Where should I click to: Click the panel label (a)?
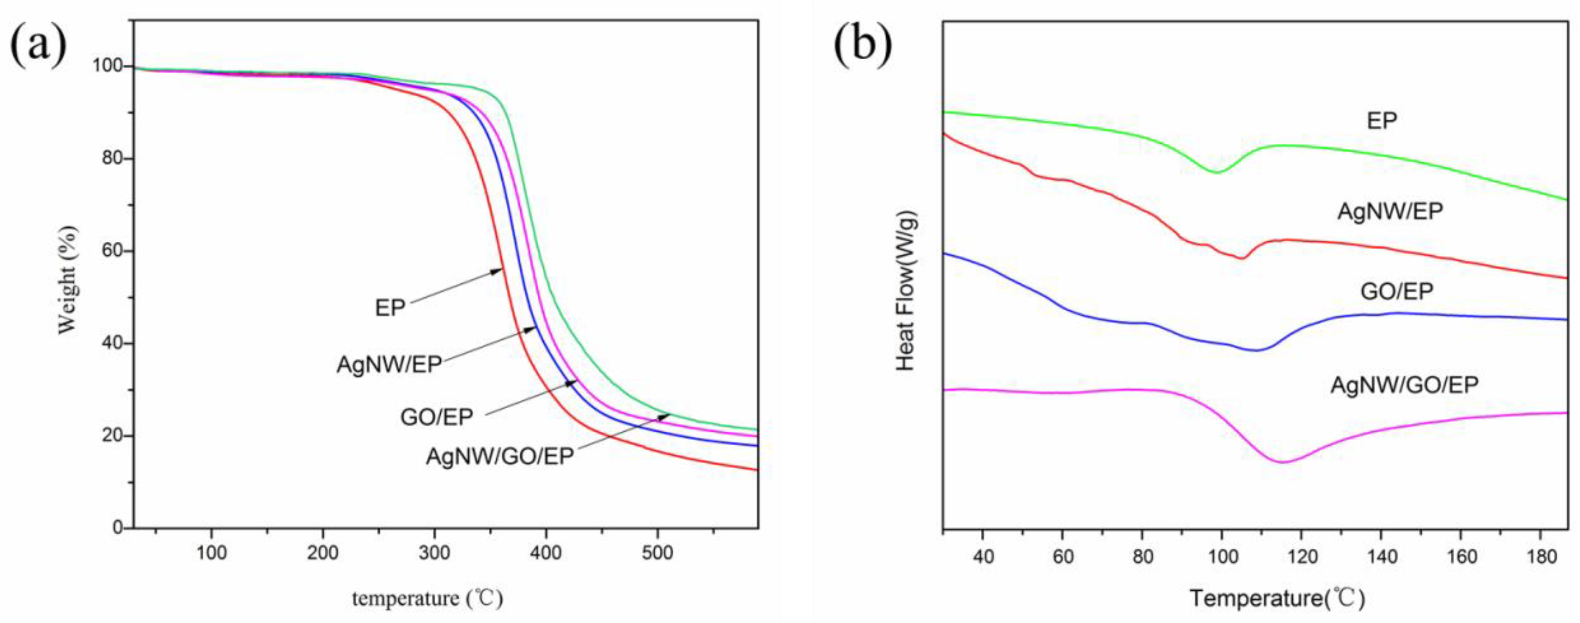pyautogui.click(x=38, y=44)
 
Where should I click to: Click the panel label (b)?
pyautogui.click(x=862, y=44)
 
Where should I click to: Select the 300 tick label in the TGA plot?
pyautogui.click(x=434, y=553)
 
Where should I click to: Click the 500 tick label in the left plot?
pyautogui.click(x=657, y=553)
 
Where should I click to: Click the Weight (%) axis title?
pyautogui.click(x=68, y=280)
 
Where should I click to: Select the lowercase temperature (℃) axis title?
pyautogui.click(x=428, y=598)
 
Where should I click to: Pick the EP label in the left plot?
pyautogui.click(x=390, y=308)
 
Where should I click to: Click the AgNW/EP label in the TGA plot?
pyautogui.click(x=389, y=364)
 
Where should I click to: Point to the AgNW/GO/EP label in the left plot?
pyautogui.click(x=500, y=456)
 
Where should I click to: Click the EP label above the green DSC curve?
pyautogui.click(x=1382, y=120)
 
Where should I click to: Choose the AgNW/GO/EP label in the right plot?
pyautogui.click(x=1405, y=385)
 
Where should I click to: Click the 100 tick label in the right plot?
pyautogui.click(x=1221, y=556)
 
